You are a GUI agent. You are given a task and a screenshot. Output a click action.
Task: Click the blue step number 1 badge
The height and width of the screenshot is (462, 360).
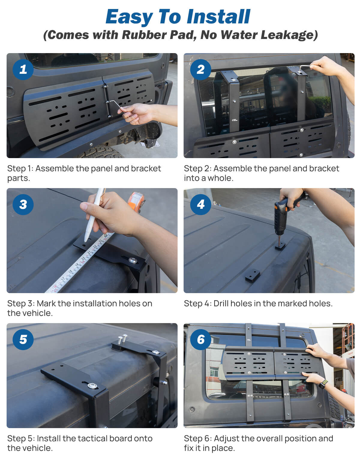point(23,70)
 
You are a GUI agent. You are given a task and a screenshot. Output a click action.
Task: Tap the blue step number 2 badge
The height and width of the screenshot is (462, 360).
point(200,70)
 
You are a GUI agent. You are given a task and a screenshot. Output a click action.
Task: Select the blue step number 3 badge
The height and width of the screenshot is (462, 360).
point(23,205)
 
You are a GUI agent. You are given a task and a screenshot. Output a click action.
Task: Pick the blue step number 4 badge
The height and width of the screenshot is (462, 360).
point(200,205)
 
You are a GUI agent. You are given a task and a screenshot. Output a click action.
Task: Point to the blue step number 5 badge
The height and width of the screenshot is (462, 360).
point(23,340)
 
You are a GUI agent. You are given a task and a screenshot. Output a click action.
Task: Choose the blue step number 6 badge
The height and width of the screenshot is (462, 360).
point(200,340)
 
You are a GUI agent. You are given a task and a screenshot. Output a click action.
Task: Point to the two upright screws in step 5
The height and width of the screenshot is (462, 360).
point(122,339)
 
